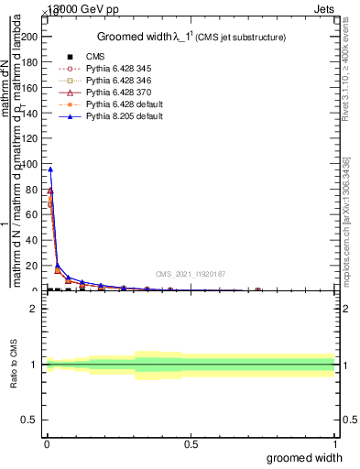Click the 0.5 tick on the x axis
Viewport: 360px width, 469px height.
click(191, 445)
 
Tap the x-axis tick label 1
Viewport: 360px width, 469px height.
click(335, 445)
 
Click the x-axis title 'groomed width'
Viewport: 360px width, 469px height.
click(305, 458)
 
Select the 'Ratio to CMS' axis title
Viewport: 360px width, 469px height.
click(14, 364)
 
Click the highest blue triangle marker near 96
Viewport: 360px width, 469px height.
click(50, 169)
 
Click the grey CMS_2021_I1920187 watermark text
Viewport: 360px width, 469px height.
click(191, 274)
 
